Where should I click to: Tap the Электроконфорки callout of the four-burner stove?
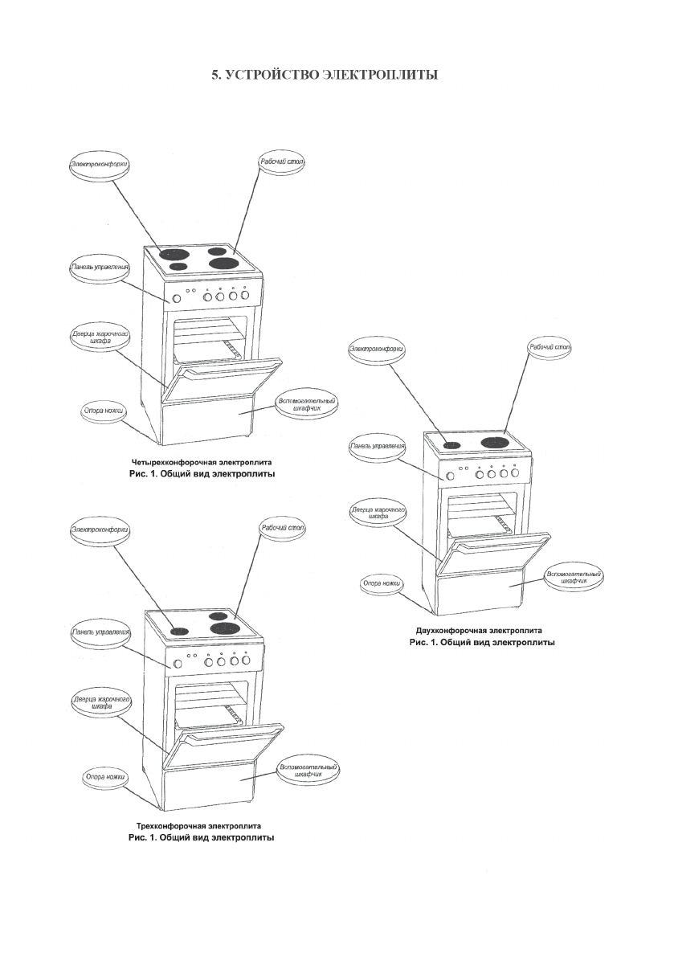[x=100, y=164]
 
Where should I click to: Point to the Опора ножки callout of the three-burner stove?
[x=106, y=777]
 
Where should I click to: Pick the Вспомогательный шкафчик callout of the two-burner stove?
[x=573, y=579]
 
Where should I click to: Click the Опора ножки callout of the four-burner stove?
[x=102, y=410]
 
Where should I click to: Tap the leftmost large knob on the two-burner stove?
[x=450, y=476]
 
